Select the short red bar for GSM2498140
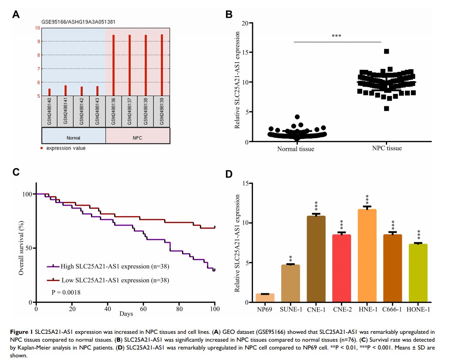click(50, 92)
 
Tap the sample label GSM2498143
click(98, 112)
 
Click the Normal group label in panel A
click(73, 138)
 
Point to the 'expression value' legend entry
click(65, 148)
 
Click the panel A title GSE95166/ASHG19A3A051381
click(78, 21)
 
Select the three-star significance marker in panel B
click(336, 36)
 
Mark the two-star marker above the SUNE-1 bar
click(290, 259)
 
